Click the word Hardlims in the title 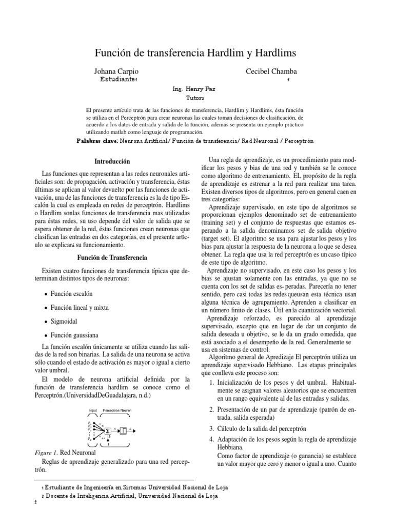273,53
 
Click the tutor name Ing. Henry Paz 196,88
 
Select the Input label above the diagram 92,410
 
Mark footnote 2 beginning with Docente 131,496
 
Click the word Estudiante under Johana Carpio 117,80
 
